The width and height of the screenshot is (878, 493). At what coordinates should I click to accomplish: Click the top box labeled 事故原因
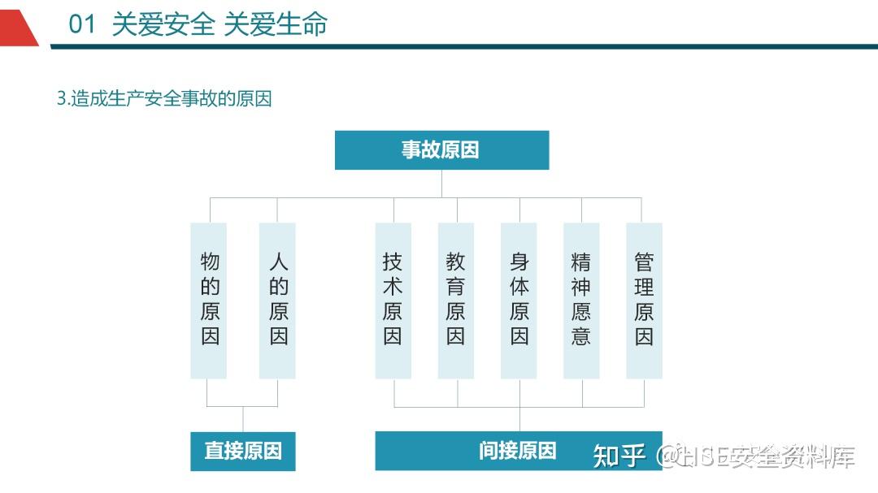click(441, 150)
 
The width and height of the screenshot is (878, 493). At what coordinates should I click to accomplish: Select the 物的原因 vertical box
click(209, 301)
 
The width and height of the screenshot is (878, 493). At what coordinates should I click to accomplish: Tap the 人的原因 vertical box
click(277, 301)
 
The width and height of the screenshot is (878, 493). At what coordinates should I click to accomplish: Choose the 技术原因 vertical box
click(393, 301)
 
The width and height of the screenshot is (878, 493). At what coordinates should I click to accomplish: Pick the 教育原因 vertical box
click(456, 301)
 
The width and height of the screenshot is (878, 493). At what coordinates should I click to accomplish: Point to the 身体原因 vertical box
click(519, 301)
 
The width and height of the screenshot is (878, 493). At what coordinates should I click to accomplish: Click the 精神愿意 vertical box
click(581, 301)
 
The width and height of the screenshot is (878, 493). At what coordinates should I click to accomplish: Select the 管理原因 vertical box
click(644, 301)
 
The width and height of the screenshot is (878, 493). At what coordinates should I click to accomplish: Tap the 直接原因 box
click(243, 451)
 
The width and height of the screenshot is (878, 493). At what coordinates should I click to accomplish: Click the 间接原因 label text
click(517, 451)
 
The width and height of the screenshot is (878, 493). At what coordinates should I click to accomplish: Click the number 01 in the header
click(82, 24)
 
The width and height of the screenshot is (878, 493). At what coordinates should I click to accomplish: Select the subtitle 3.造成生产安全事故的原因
click(164, 98)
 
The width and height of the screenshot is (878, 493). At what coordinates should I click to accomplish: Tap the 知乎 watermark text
click(619, 456)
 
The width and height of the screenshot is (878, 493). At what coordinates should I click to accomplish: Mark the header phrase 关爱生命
click(276, 24)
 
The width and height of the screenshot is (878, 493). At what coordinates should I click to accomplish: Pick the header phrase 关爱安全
click(163, 24)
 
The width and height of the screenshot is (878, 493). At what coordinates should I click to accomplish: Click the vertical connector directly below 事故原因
click(441, 184)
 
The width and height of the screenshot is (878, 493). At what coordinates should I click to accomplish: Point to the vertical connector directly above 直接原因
click(243, 419)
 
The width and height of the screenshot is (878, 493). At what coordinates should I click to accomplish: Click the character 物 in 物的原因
click(210, 262)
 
